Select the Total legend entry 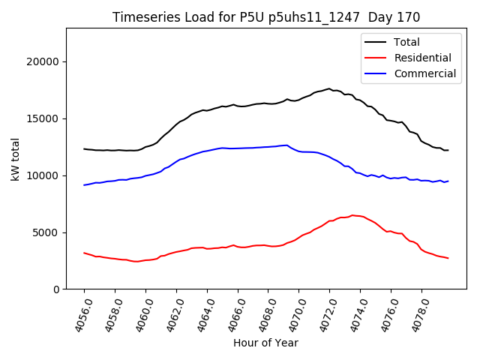coord(406,42)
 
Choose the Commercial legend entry coord(424,73)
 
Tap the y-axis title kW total coord(15,159)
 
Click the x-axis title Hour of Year coord(265,343)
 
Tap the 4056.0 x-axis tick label coord(77,315)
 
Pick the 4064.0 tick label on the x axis coord(200,315)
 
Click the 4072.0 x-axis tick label coord(323,315)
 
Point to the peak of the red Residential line coord(352,215)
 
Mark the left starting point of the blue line coord(84,184)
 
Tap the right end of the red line coord(448,258)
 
